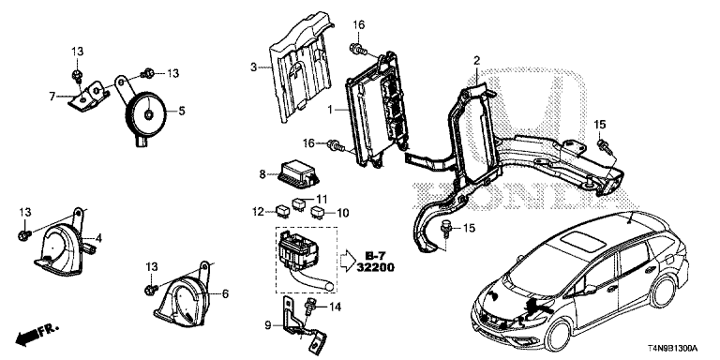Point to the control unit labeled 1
coord(377,109)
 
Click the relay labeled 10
coord(317,212)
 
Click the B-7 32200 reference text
coord(375,262)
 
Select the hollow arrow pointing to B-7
coord(346,262)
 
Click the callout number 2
coord(476,60)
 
